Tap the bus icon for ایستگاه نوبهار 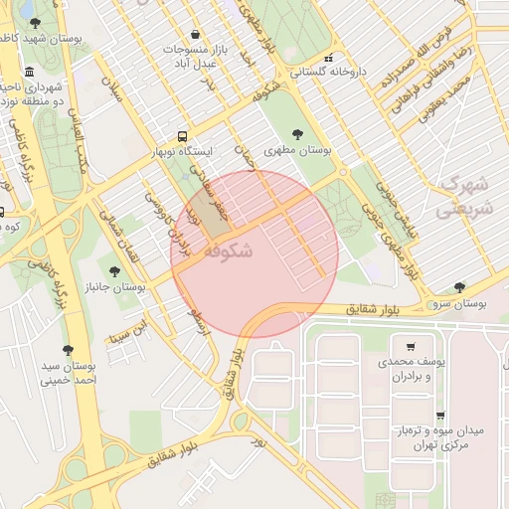click(x=182, y=135)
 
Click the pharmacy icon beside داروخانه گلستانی click(x=327, y=57)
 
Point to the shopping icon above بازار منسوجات click(x=194, y=34)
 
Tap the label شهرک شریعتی click(x=462, y=197)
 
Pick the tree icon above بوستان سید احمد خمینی click(x=68, y=350)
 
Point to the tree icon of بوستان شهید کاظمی click(x=36, y=22)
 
